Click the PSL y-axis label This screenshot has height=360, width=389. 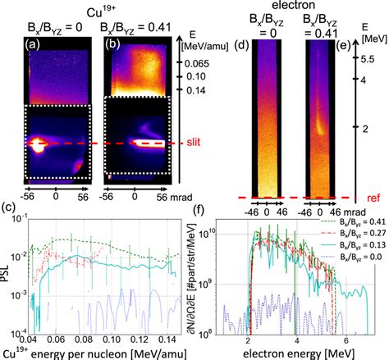point(7,281)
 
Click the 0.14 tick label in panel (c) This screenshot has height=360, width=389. point(166,339)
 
